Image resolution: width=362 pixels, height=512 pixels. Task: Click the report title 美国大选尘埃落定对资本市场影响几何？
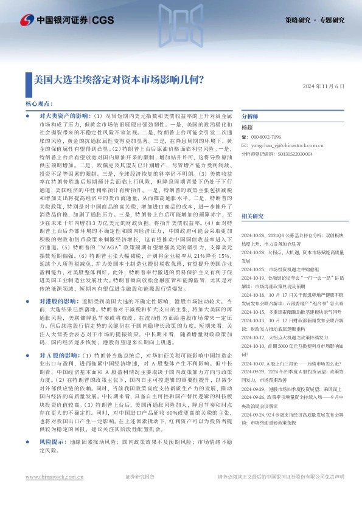tap(119, 80)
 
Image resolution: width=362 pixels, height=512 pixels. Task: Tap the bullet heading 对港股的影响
tap(61, 318)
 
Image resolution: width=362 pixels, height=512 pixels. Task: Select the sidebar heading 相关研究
tap(252, 216)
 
